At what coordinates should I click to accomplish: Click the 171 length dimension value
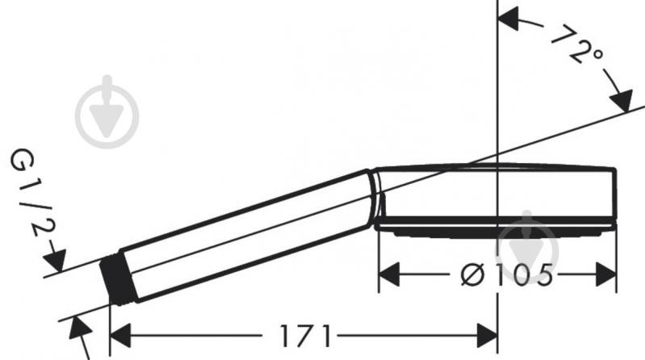click(305, 336)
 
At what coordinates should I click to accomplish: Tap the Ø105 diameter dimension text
click(507, 274)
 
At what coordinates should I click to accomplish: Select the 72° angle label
click(576, 45)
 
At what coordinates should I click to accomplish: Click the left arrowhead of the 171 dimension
click(120, 336)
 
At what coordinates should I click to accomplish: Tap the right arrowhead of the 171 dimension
click(487, 336)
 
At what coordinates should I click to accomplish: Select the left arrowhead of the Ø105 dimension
click(389, 274)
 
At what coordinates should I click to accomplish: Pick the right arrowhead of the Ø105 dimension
click(606, 274)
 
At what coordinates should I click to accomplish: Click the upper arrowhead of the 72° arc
click(509, 18)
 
